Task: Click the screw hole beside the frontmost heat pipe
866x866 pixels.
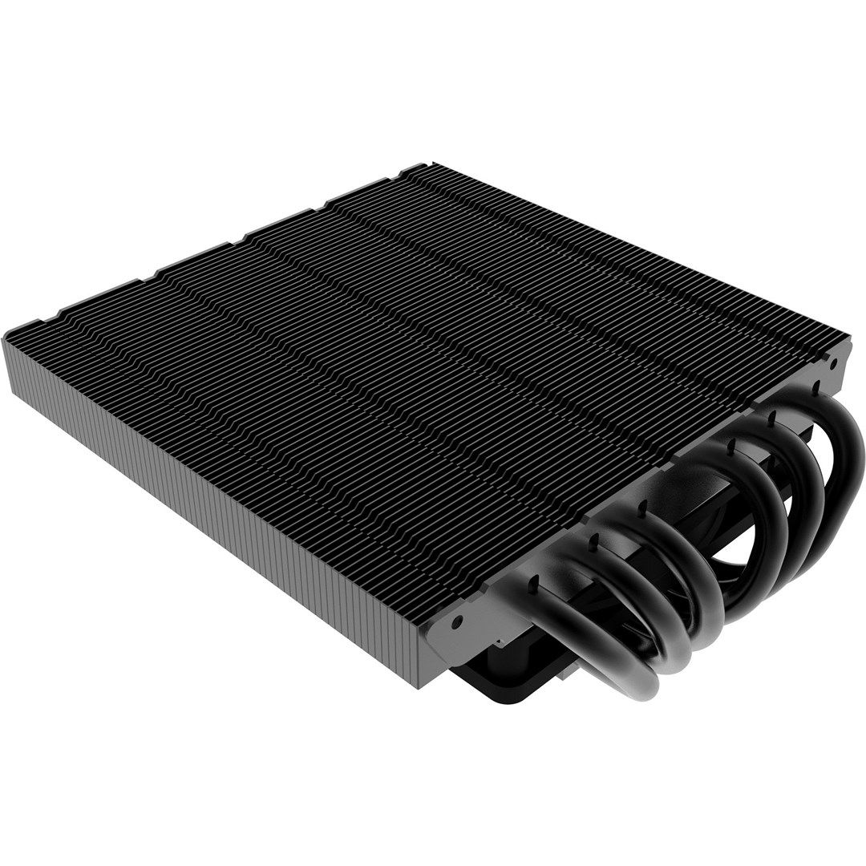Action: pos(456,621)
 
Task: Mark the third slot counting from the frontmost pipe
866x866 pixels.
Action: pos(643,506)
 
